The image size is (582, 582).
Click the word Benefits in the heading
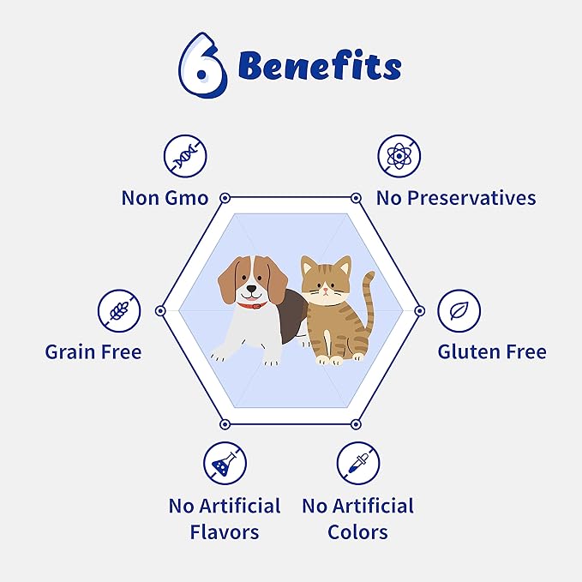[319, 66]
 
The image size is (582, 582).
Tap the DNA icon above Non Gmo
[186, 158]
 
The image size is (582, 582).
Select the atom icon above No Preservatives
[399, 158]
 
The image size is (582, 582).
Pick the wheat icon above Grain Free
[118, 310]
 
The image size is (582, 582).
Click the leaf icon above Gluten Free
[459, 310]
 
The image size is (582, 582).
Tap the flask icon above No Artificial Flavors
[225, 464]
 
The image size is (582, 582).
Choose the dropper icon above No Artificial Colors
[357, 464]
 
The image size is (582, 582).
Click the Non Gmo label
[165, 198]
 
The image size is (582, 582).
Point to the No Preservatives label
[456, 198]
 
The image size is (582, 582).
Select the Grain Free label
[93, 351]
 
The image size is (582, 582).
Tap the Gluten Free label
[492, 351]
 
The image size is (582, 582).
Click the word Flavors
[225, 531]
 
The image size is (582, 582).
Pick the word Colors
[357, 531]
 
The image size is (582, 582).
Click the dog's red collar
[252, 304]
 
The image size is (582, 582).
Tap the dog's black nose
[251, 290]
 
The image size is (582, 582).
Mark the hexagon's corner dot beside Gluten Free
[419, 310]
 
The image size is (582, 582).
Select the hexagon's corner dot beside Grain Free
[159, 310]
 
